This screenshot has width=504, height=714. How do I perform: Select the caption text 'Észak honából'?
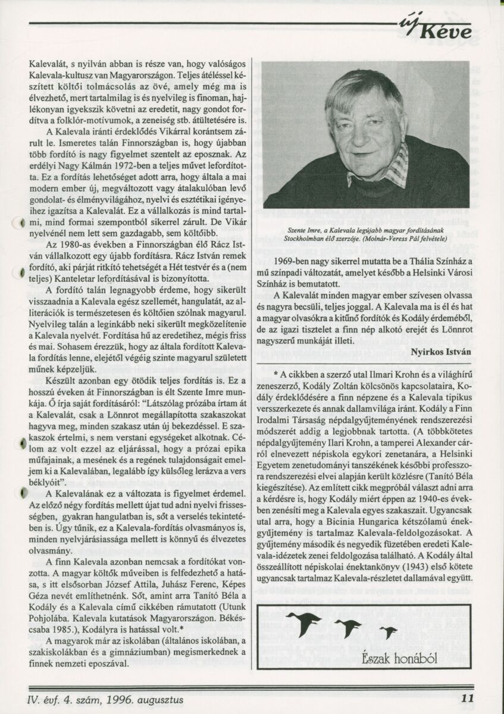(391, 657)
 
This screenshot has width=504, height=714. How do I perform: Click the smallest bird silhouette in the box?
(388, 632)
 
